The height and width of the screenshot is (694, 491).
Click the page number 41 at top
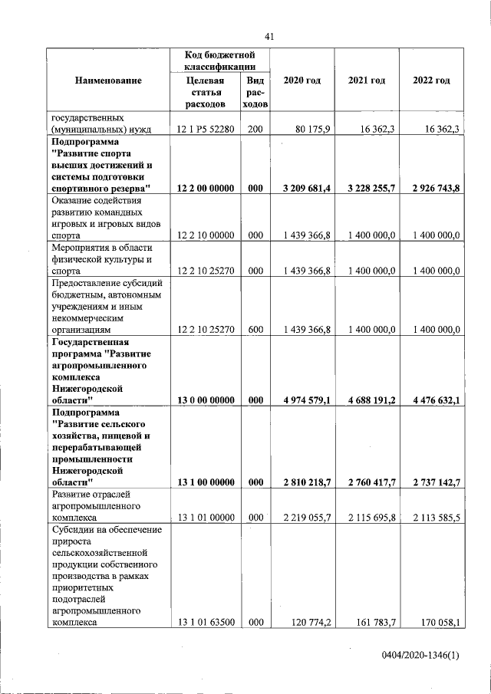tap(269, 36)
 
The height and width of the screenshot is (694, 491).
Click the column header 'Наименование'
tap(108, 81)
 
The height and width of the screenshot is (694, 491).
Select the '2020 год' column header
tap(302, 81)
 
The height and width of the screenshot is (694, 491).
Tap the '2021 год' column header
tap(366, 81)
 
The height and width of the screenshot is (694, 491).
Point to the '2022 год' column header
tap(431, 81)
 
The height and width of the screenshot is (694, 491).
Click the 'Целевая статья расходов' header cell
tap(205, 91)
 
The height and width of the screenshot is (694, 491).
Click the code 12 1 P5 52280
tap(206, 130)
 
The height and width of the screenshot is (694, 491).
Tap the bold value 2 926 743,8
tap(430, 189)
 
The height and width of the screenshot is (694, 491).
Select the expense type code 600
tap(255, 330)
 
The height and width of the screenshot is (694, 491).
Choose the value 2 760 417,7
tap(366, 482)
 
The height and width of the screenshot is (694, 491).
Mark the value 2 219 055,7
tap(302, 518)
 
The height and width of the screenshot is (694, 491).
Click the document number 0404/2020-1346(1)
tap(421, 656)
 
